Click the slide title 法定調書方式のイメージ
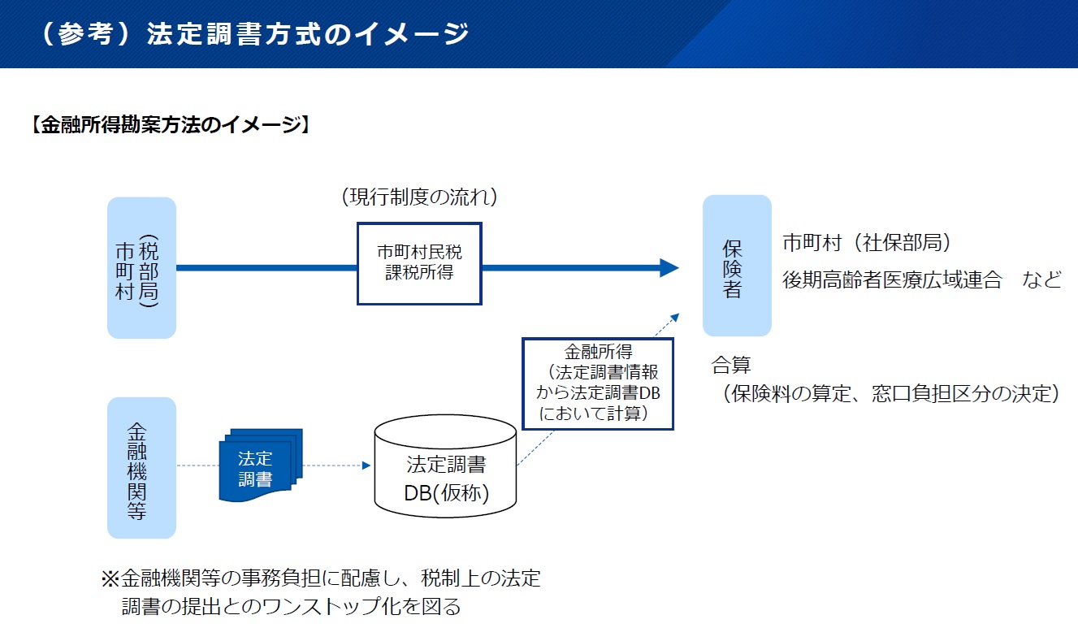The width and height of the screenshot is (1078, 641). [x=308, y=34]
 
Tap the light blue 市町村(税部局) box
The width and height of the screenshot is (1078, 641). [x=141, y=267]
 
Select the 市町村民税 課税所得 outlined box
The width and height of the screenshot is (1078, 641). [x=419, y=263]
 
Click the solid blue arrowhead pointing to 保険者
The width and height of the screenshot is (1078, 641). [x=669, y=267]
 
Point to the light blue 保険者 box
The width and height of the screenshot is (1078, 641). [x=736, y=266]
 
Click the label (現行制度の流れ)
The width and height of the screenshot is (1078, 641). [x=419, y=197]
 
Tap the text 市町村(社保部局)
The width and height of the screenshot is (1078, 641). [x=866, y=243]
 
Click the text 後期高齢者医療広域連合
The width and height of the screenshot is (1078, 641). [x=892, y=280]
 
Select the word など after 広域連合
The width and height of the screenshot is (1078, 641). [x=1042, y=280]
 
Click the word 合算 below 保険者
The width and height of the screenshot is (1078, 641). [x=731, y=364]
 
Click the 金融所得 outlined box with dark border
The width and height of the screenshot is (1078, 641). [x=598, y=383]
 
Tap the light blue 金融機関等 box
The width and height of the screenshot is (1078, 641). [x=141, y=467]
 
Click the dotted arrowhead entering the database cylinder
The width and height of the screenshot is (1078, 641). [x=366, y=466]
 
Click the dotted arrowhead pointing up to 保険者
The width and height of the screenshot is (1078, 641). [x=674, y=317]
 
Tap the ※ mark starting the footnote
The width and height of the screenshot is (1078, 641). [x=110, y=578]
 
